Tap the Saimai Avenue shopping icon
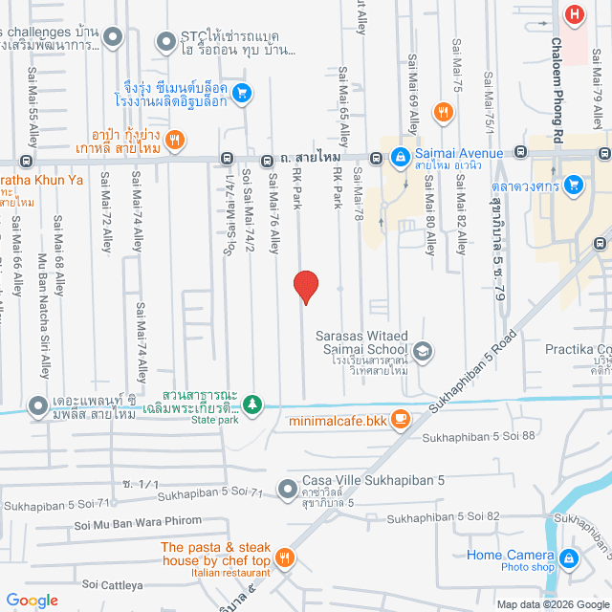(401, 155)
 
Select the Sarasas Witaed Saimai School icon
(423, 353)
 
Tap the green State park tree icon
(252, 404)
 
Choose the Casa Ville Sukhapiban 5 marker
(288, 490)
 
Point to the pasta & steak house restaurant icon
(284, 557)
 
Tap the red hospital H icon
(574, 14)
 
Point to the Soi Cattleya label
(112, 583)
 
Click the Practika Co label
(578, 349)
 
